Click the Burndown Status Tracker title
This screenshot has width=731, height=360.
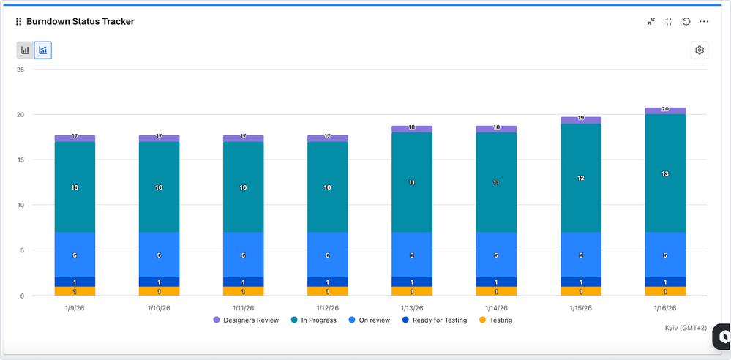(x=80, y=22)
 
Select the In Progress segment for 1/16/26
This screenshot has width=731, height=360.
(x=665, y=173)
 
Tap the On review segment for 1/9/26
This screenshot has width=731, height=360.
(x=75, y=255)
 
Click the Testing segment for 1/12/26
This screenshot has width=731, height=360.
(x=327, y=291)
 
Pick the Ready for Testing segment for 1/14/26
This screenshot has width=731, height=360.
(x=496, y=282)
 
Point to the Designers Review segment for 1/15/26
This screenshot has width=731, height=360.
(x=581, y=120)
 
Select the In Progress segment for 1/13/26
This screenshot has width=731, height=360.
(x=412, y=182)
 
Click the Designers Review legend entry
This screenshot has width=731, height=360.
(x=246, y=320)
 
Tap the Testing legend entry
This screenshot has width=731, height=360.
(x=497, y=320)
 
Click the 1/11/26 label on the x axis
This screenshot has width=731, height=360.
(x=243, y=308)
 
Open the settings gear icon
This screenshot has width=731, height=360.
(x=700, y=50)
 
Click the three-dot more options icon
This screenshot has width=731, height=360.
(x=704, y=22)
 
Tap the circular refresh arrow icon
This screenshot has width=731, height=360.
(x=686, y=22)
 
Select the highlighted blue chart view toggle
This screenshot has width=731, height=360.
(x=43, y=50)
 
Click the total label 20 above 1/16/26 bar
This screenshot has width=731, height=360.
(x=665, y=109)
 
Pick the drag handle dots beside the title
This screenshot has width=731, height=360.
(x=18, y=22)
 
